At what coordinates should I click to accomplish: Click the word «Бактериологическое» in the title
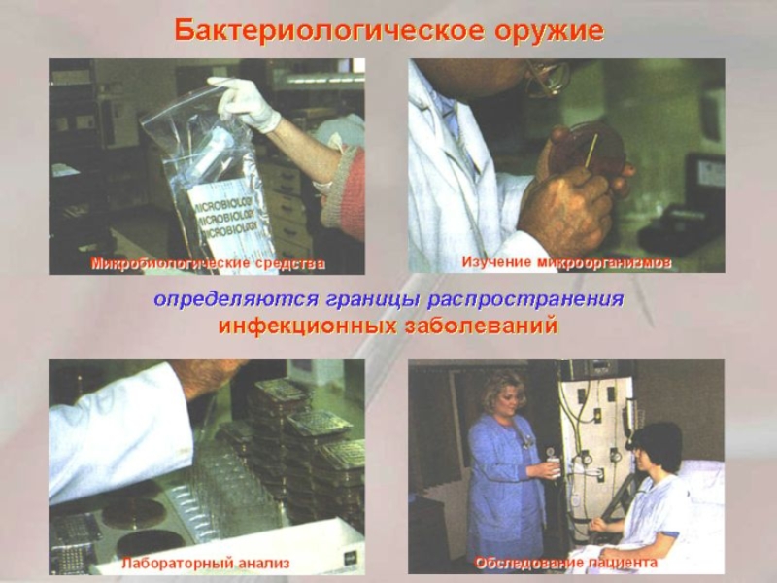coord(329,31)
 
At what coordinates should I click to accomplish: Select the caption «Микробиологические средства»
coord(208,263)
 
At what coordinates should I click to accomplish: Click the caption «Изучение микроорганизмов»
coord(566,262)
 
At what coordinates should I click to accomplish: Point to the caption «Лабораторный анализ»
coord(206,564)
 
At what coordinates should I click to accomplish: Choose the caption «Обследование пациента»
coord(566,563)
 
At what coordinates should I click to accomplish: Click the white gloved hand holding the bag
coord(245,103)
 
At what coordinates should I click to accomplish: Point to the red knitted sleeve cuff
coord(343,193)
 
